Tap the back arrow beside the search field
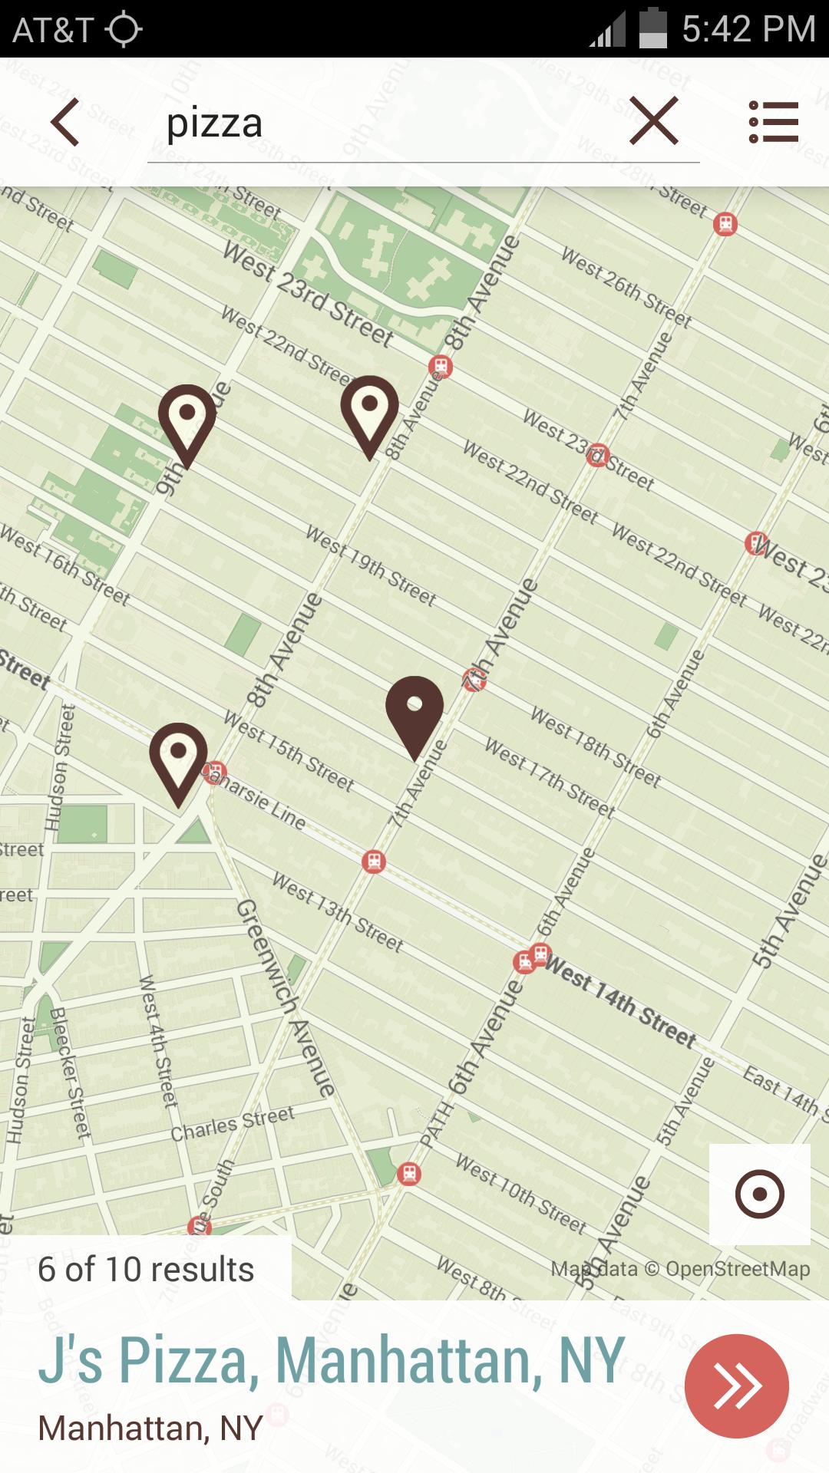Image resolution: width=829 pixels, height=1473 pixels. (x=65, y=122)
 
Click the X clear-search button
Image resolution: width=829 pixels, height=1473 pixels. (x=653, y=121)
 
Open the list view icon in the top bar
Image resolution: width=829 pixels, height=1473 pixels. (x=774, y=122)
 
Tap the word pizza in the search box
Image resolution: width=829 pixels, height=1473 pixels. (x=215, y=124)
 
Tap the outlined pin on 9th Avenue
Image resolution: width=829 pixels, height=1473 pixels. (x=187, y=420)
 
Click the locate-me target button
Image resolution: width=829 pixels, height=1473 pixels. (x=759, y=1194)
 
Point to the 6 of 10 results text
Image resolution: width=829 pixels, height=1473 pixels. (x=146, y=1270)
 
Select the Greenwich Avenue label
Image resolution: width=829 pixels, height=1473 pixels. (x=286, y=997)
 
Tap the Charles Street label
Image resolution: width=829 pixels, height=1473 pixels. (x=233, y=1124)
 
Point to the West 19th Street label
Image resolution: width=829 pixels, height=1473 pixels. (x=371, y=566)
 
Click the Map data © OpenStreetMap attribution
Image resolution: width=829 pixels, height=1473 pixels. (x=680, y=1269)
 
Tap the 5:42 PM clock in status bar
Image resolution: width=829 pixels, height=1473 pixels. (x=748, y=29)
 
